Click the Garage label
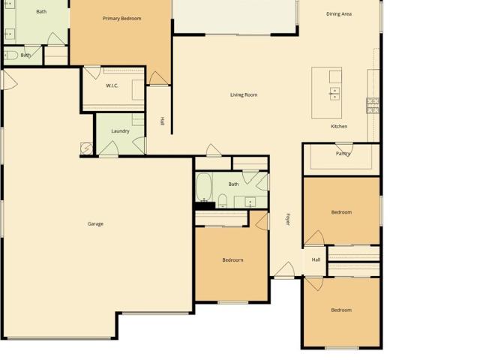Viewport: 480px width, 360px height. [95, 223]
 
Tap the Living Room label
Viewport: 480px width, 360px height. [244, 95]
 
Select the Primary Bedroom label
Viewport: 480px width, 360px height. [121, 19]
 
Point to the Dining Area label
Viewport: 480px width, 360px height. [339, 14]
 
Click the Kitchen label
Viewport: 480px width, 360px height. [339, 127]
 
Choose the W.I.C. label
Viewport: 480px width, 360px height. [112, 85]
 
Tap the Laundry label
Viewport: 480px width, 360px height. [120, 131]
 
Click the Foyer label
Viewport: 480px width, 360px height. [288, 220]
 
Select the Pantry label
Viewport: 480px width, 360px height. [343, 153]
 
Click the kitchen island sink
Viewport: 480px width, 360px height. [334, 94]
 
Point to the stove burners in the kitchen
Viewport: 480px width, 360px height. [373, 106]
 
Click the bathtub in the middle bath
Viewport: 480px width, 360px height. [204, 187]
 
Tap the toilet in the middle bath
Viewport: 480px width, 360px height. [223, 200]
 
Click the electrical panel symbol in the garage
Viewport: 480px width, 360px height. [86, 148]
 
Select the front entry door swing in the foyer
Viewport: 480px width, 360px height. [285, 269]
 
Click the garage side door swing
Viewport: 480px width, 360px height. [9, 80]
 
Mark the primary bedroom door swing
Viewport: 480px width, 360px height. [158, 78]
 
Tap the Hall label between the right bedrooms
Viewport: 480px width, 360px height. [316, 260]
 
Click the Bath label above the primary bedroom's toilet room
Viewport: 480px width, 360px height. [41, 12]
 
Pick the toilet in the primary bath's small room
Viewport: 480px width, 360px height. [11, 55]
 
